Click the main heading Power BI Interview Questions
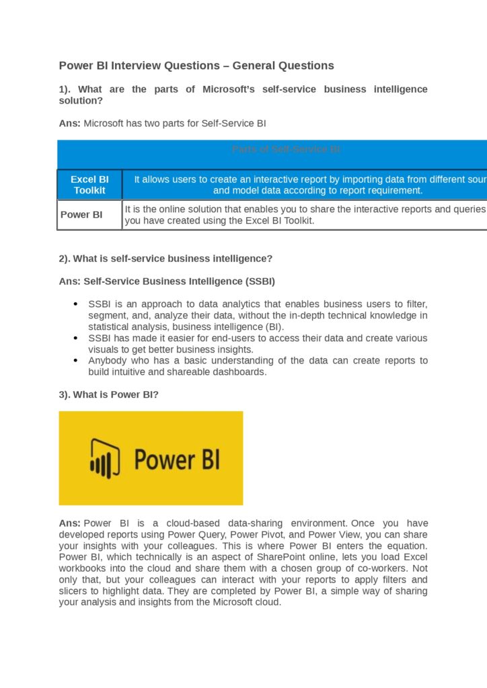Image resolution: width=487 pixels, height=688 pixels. pyautogui.click(x=196, y=66)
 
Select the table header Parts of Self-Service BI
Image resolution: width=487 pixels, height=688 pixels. pyautogui.click(x=286, y=149)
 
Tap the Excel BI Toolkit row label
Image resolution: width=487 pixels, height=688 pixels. pyautogui.click(x=89, y=185)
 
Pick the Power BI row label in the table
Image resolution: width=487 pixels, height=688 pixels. pyautogui.click(x=81, y=215)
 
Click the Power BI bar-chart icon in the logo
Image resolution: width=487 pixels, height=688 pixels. pyautogui.click(x=105, y=460)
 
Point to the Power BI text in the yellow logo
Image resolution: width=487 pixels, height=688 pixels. pyautogui.click(x=176, y=460)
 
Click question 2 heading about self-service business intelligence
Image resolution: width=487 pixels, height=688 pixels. pyautogui.click(x=165, y=259)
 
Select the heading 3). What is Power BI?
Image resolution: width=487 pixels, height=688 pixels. pyautogui.click(x=109, y=394)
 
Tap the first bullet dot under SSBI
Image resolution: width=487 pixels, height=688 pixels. pyautogui.click(x=75, y=304)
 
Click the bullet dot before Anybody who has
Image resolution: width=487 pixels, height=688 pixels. pyautogui.click(x=75, y=361)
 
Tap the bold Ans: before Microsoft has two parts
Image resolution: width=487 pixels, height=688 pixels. pyautogui.click(x=70, y=124)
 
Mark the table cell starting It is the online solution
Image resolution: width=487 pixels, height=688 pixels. pyautogui.click(x=305, y=215)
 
